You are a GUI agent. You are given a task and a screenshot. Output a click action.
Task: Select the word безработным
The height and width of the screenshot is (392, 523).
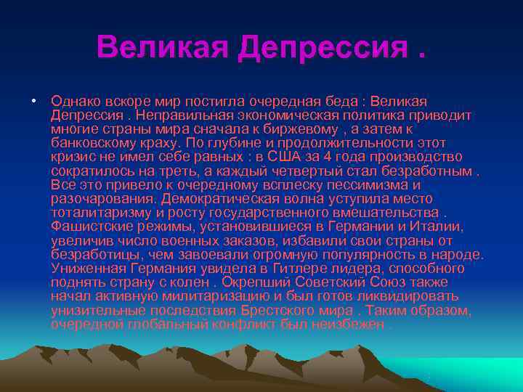[x=422, y=171]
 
